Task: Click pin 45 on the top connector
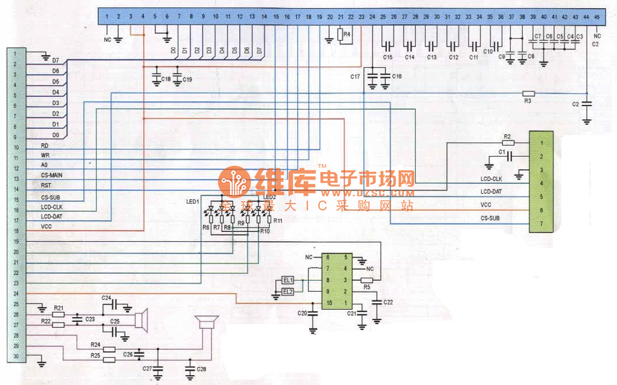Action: [596, 17]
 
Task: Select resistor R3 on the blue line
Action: [528, 94]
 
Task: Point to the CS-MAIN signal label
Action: [51, 175]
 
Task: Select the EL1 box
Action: [288, 281]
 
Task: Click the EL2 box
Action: [288, 291]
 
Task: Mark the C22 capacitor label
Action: [388, 302]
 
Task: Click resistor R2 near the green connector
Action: [507, 143]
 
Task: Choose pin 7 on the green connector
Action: [540, 223]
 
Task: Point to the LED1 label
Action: [193, 202]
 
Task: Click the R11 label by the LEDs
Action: [278, 220]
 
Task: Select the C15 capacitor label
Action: [387, 57]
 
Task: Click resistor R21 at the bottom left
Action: [59, 315]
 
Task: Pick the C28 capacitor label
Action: [201, 368]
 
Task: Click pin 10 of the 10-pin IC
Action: [329, 302]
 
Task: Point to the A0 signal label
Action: [44, 165]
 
